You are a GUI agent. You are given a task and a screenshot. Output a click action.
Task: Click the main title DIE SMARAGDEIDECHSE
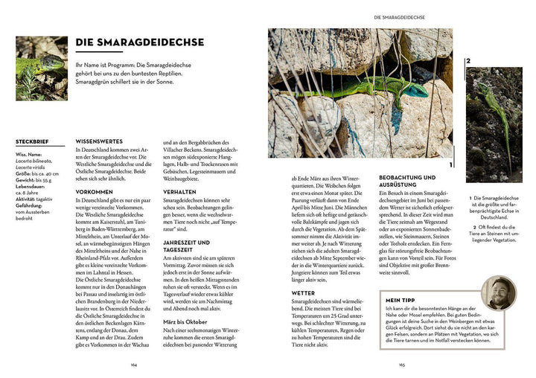pos(140,43)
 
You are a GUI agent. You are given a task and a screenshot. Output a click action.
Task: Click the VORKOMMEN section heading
pos(94,191)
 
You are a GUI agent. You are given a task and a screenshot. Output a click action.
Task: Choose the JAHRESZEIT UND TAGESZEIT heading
pos(186,246)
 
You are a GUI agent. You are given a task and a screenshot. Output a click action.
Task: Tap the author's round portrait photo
pos(498,293)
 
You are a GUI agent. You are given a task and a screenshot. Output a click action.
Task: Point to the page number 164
pos(134,365)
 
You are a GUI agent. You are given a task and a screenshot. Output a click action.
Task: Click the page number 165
pos(402,365)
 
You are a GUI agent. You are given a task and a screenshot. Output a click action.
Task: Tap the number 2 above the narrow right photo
pos(469,62)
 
